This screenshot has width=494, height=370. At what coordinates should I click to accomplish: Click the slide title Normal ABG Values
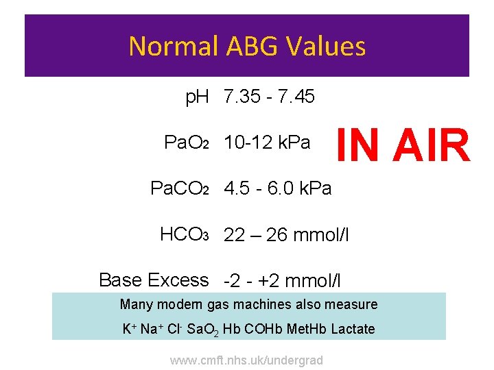coord(247,47)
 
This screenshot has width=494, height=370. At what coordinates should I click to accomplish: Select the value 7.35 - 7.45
coord(269,97)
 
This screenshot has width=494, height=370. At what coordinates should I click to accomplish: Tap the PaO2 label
coord(186,143)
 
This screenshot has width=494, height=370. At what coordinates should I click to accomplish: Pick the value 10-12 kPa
coord(267,143)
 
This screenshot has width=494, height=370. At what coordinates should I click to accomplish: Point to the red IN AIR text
coord(403,145)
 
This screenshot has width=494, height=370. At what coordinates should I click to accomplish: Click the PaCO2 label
coord(178,188)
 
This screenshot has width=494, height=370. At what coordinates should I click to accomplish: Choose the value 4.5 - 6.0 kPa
coord(277,188)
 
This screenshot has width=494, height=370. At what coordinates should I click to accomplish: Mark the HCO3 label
coord(184,235)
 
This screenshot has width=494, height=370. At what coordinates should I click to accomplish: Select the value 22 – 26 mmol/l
coord(286,236)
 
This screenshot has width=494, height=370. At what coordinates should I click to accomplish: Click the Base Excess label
coord(154,280)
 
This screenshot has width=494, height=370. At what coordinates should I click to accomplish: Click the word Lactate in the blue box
coord(353,329)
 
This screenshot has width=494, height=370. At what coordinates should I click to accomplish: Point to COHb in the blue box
coord(259,329)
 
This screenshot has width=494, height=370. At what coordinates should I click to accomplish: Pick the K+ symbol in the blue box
coord(128,329)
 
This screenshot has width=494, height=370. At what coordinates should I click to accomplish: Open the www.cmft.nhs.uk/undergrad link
coord(247,360)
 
